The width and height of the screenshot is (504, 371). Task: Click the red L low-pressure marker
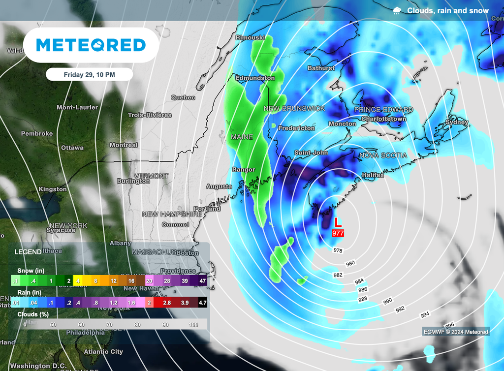point(338,222)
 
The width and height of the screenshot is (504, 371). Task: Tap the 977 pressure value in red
point(338,233)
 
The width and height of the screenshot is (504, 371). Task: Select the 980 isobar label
point(350,263)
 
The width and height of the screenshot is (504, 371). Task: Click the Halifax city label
point(373,175)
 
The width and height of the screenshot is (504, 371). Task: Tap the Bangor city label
point(244,170)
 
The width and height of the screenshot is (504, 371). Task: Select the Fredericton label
point(296,128)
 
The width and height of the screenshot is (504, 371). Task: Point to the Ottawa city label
point(72,148)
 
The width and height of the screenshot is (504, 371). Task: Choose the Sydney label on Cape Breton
point(457,122)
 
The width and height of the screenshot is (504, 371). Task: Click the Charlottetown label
point(384,119)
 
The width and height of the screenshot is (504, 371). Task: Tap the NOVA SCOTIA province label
point(384,155)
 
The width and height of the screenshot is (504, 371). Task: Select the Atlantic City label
point(103,352)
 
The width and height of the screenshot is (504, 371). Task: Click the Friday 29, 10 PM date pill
point(89,74)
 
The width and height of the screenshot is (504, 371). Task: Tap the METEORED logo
point(91,45)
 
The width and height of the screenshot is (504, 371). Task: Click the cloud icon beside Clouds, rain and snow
point(397,11)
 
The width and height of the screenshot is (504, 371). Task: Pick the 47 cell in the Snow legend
point(202,280)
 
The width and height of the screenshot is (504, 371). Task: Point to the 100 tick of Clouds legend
point(193,325)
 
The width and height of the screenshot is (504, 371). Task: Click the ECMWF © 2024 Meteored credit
point(455,332)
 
